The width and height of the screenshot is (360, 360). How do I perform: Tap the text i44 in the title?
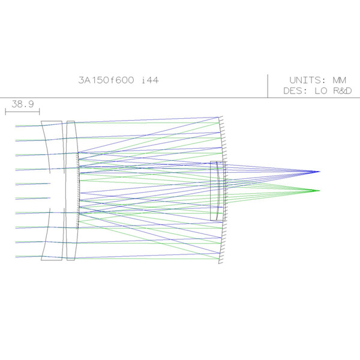(149, 80)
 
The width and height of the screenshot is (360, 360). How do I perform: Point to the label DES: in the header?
(296, 91)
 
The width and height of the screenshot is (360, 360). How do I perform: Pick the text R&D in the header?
(340, 91)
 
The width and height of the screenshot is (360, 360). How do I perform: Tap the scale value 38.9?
(22, 104)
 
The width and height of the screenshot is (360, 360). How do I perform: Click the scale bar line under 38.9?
(22, 110)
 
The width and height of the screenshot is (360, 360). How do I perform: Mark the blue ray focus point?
(319, 172)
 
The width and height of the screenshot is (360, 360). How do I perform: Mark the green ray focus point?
(319, 190)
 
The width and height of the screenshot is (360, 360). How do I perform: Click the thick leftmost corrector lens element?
(52, 191)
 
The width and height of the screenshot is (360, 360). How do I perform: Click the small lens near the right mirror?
(218, 191)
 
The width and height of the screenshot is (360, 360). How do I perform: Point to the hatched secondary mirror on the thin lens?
(79, 191)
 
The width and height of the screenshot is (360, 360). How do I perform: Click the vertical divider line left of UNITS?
(268, 85)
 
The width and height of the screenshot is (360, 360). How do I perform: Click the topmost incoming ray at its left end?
(16, 126)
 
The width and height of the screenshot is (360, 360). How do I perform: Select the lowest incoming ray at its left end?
(16, 257)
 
